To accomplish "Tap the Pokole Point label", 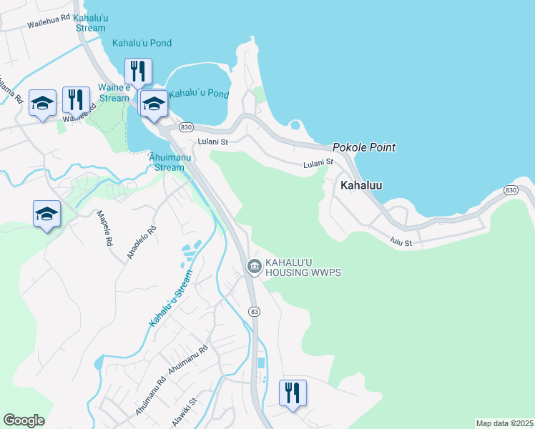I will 363,147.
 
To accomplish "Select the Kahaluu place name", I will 360,185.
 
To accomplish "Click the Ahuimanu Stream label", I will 170,162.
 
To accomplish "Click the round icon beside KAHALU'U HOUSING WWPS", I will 254,267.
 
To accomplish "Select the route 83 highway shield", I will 254,311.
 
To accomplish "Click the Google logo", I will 24,420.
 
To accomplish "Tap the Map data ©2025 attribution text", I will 504,423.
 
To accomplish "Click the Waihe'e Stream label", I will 114,93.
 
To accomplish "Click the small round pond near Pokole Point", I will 295,126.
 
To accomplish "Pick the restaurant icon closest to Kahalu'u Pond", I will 138,71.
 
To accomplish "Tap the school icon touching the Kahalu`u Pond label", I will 153,104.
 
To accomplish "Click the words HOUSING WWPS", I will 303,273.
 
